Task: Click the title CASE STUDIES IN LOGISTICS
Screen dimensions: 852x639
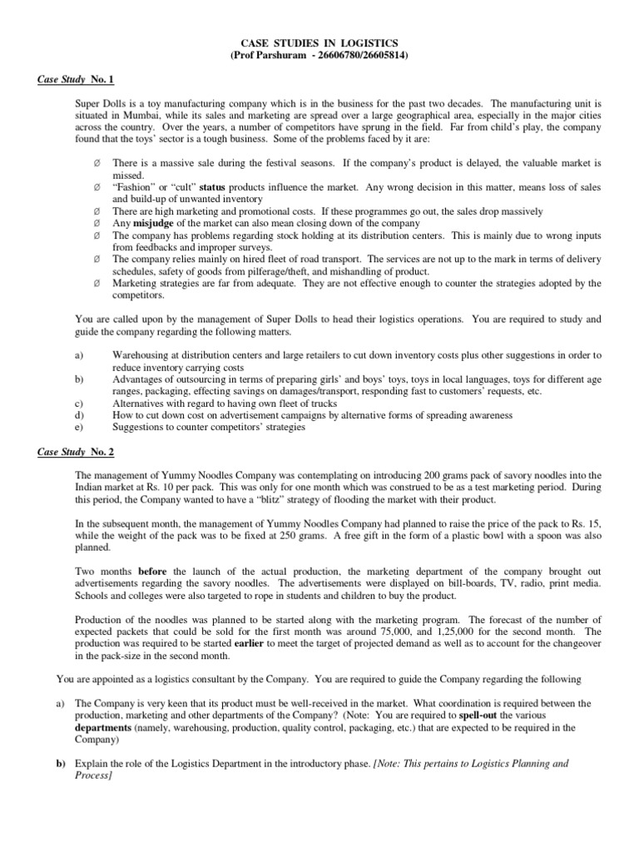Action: pyautogui.click(x=319, y=42)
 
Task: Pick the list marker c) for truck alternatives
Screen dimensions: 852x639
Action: pyautogui.click(x=79, y=403)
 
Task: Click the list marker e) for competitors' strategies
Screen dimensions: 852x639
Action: pyautogui.click(x=79, y=427)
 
